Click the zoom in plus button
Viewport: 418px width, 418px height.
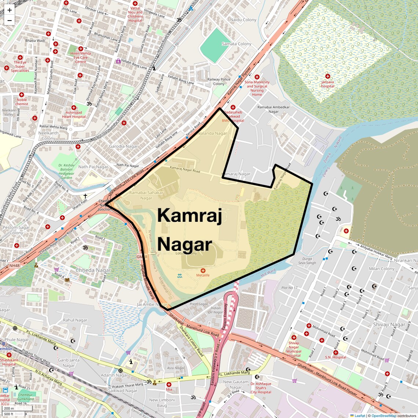[x=10, y=10]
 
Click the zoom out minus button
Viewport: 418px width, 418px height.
[x=10, y=21]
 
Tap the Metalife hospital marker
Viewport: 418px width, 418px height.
[x=203, y=270]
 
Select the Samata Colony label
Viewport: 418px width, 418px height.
[x=236, y=44]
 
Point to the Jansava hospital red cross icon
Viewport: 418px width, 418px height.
[x=327, y=76]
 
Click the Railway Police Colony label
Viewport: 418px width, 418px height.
[x=219, y=81]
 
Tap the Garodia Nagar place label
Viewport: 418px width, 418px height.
[x=124, y=146]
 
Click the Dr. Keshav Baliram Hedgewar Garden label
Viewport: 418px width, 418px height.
[x=66, y=171]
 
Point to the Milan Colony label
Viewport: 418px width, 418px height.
[x=382, y=269]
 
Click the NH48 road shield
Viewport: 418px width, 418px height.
[x=14, y=265]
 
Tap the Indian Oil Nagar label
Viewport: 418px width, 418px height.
[x=215, y=310]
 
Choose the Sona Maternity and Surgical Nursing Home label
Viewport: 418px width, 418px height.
[x=257, y=88]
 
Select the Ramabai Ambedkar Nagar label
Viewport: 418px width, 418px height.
[x=274, y=109]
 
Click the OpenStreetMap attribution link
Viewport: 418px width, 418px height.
[x=384, y=415]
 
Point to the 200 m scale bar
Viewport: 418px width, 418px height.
[x=9, y=408]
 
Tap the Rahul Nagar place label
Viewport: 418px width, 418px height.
[x=75, y=320]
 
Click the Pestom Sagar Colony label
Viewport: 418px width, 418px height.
[x=16, y=230]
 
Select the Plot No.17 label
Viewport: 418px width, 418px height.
[x=289, y=288]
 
